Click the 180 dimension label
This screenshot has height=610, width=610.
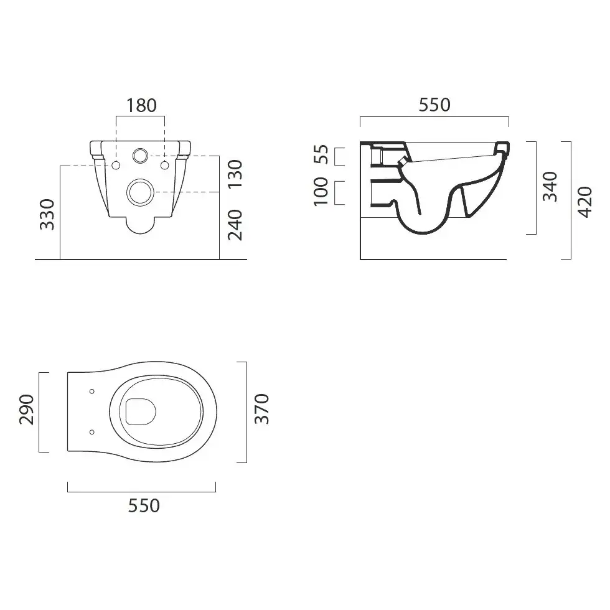point(141,105)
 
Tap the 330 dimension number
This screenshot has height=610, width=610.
point(47,214)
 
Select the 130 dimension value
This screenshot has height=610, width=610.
point(235,174)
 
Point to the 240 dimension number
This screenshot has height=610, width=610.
point(235,225)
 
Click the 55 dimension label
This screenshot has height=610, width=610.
point(321,154)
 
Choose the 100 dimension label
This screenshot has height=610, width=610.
point(321,192)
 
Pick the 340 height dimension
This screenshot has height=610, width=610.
point(550,186)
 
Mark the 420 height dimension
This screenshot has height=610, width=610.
point(584,202)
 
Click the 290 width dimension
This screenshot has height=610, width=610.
point(26,410)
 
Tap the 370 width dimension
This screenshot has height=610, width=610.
point(261,408)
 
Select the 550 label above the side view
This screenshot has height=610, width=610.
point(434,105)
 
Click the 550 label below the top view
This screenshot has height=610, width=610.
point(144,505)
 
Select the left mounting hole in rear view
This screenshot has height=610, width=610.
point(116,166)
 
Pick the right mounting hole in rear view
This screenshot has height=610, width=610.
point(164,166)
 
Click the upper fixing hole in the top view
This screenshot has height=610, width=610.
point(92,392)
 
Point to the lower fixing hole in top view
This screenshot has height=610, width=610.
point(92,432)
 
